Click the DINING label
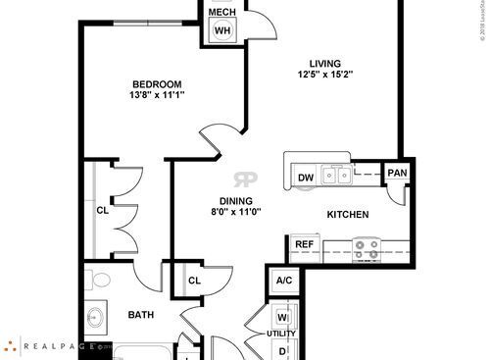tap(236, 200)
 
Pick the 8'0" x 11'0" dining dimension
tap(236, 213)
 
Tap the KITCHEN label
tap(347, 214)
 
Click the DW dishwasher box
tap(306, 177)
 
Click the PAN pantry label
tap(396, 174)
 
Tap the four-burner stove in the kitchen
tap(367, 249)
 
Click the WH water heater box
tap(222, 29)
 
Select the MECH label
tap(221, 11)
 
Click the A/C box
tap(284, 281)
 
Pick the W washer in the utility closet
tap(282, 318)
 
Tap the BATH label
tap(141, 315)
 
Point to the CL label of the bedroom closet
tap(102, 209)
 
